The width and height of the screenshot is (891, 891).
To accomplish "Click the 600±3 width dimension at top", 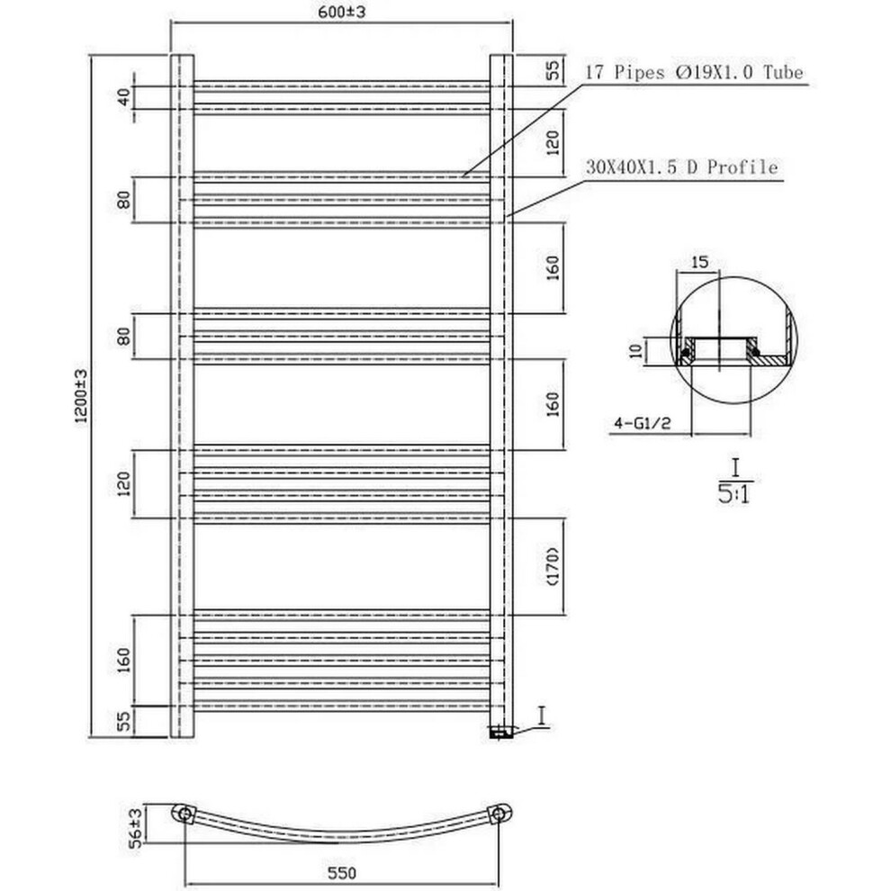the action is click(341, 12).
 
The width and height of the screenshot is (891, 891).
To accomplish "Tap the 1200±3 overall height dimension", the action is click(80, 395).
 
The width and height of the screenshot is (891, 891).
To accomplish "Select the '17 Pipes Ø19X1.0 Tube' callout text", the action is click(695, 73).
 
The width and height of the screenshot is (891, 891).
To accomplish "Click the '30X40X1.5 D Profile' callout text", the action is click(681, 167).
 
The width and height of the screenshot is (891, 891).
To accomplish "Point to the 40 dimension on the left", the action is click(123, 97).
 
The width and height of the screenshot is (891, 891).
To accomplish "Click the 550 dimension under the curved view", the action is click(342, 872).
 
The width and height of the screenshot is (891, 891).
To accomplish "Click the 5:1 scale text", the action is click(734, 494).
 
